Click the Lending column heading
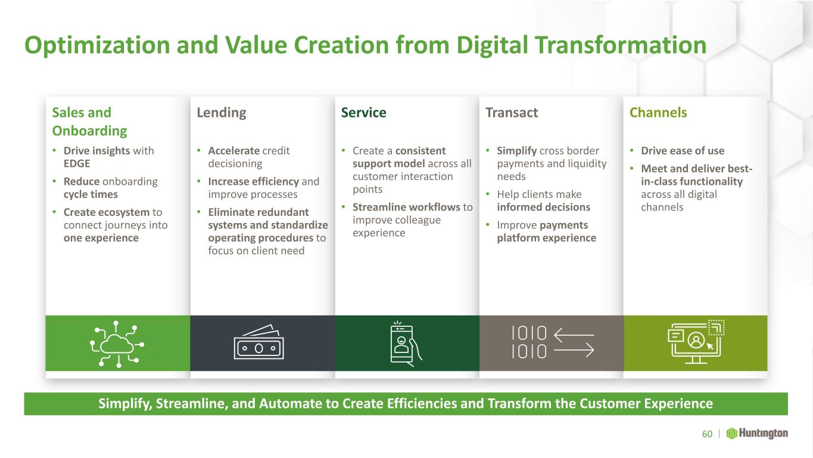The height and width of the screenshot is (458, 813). point(222,113)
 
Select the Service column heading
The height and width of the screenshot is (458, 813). point(363,113)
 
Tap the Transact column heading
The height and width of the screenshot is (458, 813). point(512,113)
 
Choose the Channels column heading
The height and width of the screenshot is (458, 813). point(658,113)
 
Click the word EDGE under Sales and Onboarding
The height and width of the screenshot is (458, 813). point(77,163)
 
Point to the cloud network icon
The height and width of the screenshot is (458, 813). point(117,344)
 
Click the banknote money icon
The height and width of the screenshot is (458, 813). point(258,342)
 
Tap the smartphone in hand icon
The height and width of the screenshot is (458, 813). point(406,343)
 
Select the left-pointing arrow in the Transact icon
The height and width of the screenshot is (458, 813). point(574,335)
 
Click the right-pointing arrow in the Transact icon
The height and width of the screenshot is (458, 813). point(574,351)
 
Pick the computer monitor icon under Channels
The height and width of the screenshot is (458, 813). point(696,342)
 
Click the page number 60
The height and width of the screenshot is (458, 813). point(707,434)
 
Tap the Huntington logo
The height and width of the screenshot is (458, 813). point(757,434)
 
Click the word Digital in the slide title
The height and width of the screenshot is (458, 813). point(492,46)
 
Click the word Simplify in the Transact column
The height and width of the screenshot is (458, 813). point(517,151)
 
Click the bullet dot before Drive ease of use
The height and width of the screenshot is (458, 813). point(632,150)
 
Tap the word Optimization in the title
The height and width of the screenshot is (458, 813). point(97,46)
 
